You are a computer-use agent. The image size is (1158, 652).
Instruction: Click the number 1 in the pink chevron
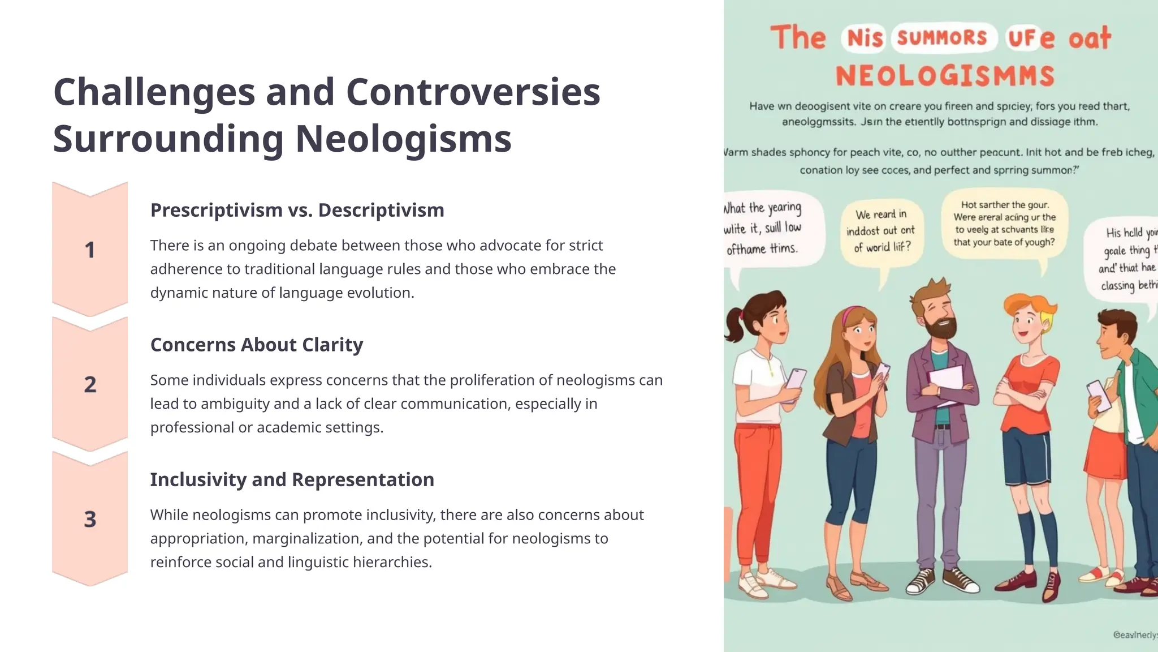(89, 250)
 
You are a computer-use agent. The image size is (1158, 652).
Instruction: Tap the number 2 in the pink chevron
(90, 385)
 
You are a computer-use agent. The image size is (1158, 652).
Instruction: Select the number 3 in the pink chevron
(90, 520)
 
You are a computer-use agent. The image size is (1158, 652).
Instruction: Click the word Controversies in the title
(473, 92)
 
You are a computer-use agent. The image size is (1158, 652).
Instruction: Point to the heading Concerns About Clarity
(257, 345)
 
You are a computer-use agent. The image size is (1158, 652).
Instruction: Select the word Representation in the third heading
(362, 479)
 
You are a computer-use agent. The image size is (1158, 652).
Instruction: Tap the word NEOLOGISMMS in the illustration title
(945, 76)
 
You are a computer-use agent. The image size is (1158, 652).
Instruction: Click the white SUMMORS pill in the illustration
(942, 38)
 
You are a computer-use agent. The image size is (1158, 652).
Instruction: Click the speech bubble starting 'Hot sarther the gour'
(1004, 224)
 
